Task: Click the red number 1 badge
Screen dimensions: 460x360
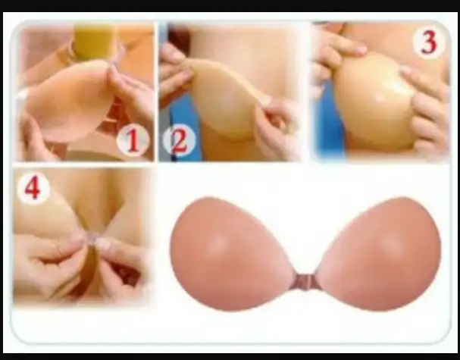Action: [133, 140]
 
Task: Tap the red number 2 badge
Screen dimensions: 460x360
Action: [180, 140]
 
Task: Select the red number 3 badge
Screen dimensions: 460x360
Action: [429, 43]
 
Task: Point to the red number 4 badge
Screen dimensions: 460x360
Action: [33, 189]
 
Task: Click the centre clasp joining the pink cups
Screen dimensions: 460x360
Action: [305, 281]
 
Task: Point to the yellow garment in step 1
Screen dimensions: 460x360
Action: [92, 41]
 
